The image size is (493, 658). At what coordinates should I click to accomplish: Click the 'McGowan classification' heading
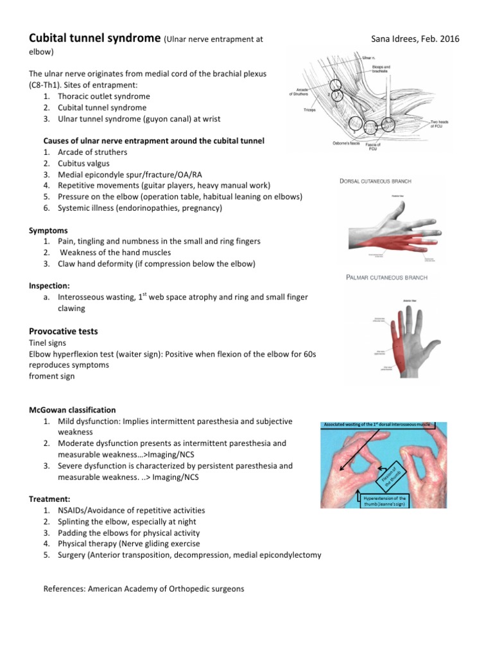tap(73, 409)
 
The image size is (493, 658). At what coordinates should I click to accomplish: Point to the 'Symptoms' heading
tap(49, 229)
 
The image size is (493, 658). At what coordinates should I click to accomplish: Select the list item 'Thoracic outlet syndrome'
tap(103, 96)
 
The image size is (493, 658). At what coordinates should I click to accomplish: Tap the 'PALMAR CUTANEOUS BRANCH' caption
tap(386, 278)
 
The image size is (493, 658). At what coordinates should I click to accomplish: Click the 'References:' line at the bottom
tap(143, 587)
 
